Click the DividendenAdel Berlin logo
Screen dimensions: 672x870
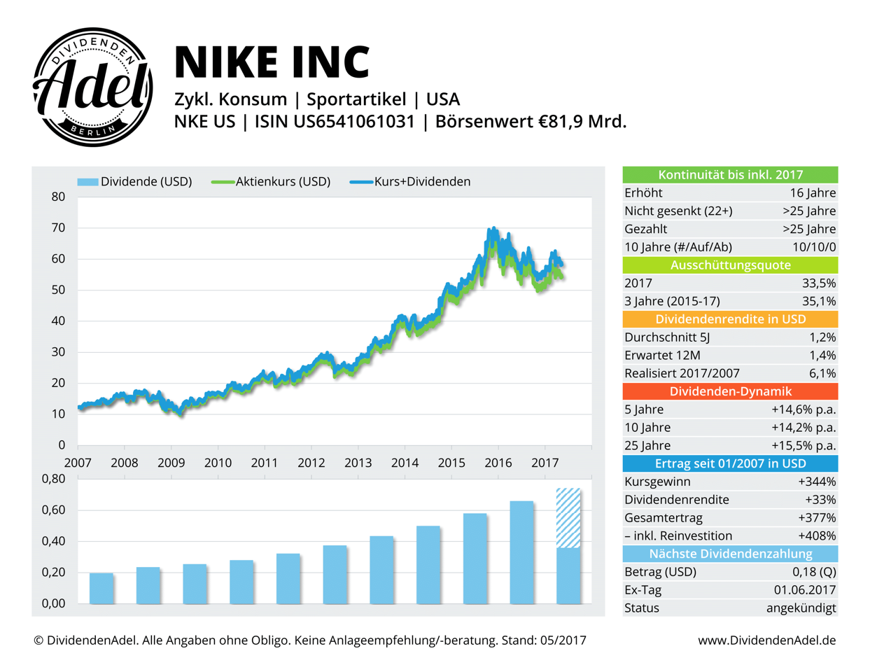93,87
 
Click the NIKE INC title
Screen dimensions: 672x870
272,61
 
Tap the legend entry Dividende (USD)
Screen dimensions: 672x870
135,182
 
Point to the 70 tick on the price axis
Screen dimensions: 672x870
57,228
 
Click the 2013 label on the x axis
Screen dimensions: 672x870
358,463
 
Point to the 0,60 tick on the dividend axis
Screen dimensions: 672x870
53,510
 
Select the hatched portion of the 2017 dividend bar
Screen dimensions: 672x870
568,518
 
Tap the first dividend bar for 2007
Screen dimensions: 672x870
101,588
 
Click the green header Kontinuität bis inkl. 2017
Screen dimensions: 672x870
730,175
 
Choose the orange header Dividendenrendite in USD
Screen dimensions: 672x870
730,319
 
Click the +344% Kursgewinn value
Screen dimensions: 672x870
816,482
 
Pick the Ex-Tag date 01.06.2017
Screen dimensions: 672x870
804,590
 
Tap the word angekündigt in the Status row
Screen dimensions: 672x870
801,608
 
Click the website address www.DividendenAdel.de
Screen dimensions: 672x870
766,640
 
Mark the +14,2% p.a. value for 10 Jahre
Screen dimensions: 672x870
804,428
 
